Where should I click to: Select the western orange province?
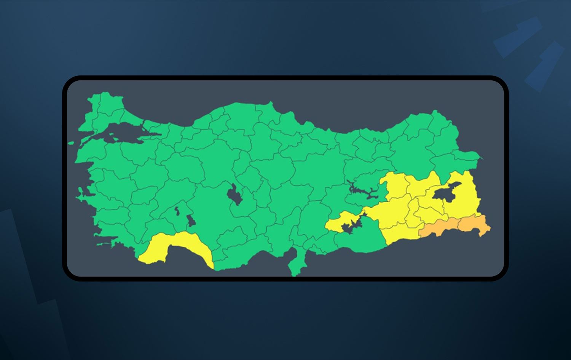(438, 228)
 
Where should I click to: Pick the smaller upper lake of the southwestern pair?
(177, 210)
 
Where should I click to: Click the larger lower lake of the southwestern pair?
(190, 221)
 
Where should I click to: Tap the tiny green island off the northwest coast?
(71, 143)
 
